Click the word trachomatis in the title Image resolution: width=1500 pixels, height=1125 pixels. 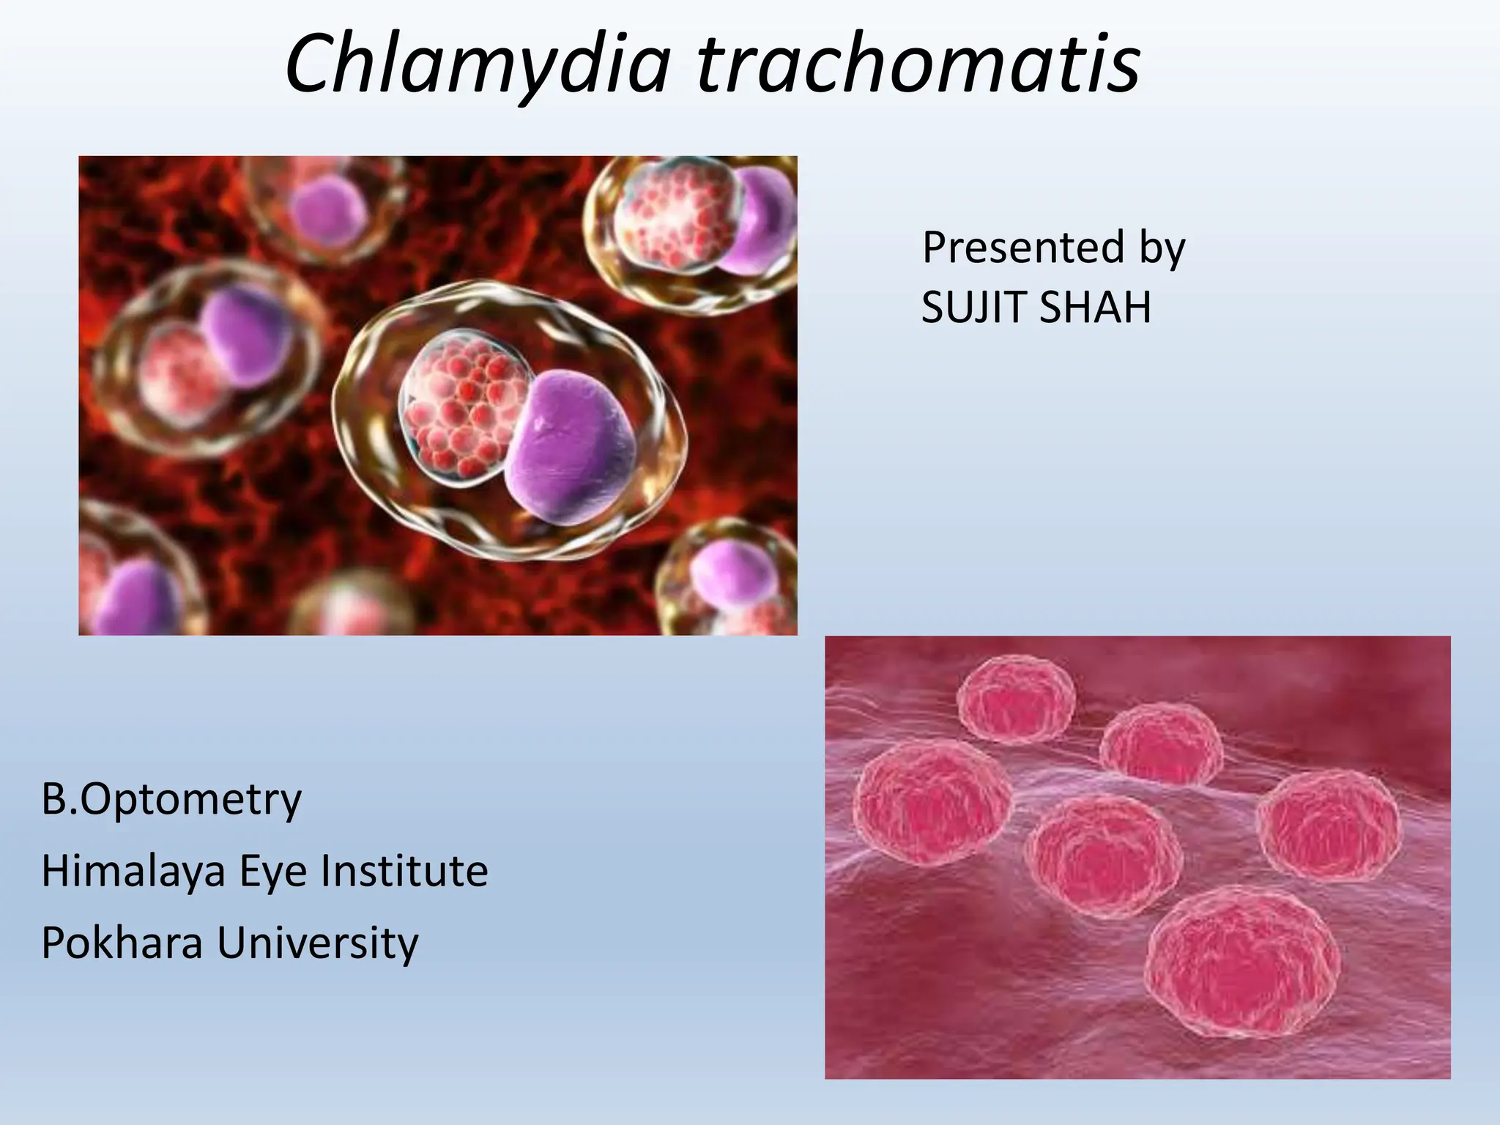click(918, 64)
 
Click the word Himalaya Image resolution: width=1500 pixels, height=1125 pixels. click(133, 871)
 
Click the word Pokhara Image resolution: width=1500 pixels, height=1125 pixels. click(122, 942)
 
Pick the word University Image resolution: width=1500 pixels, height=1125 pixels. click(318, 942)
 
